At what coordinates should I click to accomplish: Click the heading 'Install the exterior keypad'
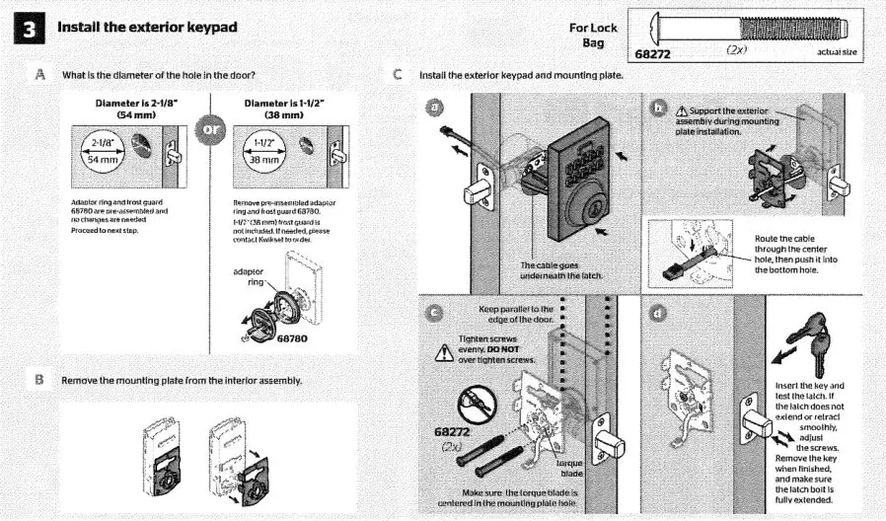[x=148, y=27]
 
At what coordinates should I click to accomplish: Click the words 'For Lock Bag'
[x=593, y=37]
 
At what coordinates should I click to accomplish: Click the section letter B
[x=40, y=379]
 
